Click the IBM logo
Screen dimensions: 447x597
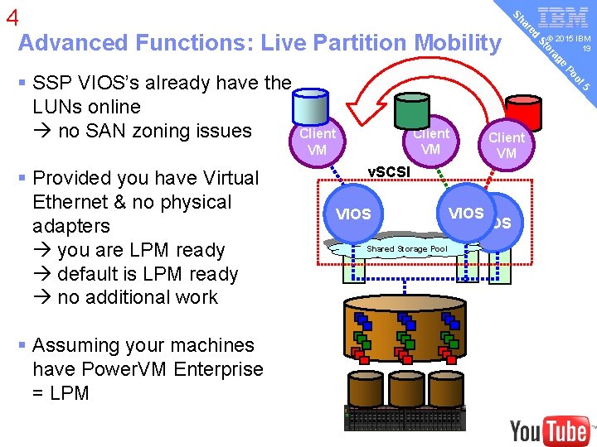click(x=563, y=17)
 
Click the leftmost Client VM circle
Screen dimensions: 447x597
click(x=317, y=142)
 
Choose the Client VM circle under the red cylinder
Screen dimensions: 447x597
click(x=506, y=146)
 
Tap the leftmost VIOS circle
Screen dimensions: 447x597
click(x=353, y=214)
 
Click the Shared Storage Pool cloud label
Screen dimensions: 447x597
click(x=406, y=248)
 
